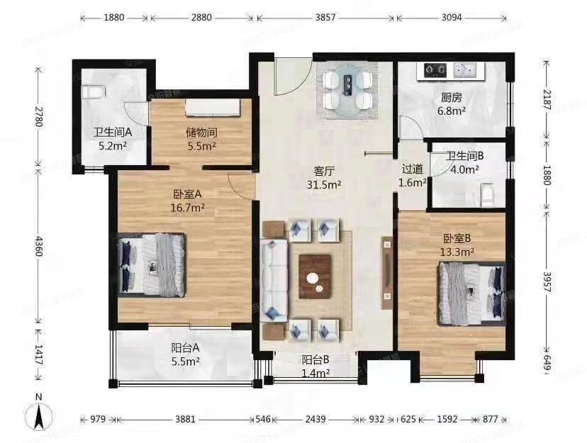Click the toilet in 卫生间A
pos(94,92)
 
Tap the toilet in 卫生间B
pos(488,194)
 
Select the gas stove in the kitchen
pos(435,69)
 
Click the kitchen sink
pos(464,70)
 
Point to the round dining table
pos(348,90)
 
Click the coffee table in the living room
pos(315,276)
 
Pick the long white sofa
pos(274,281)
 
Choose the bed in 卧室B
pos(471,293)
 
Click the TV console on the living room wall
pos(387,273)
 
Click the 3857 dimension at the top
pos(325,17)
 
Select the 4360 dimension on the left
pos(38,245)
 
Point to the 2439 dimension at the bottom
pos(315,419)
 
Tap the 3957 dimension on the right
pos(547,283)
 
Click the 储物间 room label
pos(201,133)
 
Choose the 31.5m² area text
pos(324,185)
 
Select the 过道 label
pos(412,169)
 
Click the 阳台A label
pos(185,348)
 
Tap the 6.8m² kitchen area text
pos(452,111)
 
